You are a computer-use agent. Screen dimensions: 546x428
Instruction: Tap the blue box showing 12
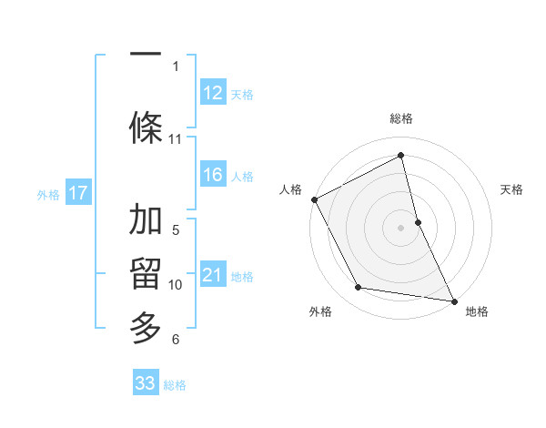pyautogui.click(x=213, y=92)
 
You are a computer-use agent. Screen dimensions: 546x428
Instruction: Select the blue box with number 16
pyautogui.click(x=213, y=175)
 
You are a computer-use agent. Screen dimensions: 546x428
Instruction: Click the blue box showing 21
pyautogui.click(x=213, y=275)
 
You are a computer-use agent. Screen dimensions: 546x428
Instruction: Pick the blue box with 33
pyautogui.click(x=146, y=383)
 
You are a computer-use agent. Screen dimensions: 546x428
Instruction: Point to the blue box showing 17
pyautogui.click(x=78, y=192)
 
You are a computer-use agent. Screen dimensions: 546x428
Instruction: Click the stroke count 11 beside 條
pyautogui.click(x=176, y=139)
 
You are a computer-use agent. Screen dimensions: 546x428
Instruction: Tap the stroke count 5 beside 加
pyautogui.click(x=176, y=229)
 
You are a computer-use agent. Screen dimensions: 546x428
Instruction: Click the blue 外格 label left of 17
pyautogui.click(x=48, y=194)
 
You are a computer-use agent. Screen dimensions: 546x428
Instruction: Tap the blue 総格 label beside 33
pyautogui.click(x=175, y=385)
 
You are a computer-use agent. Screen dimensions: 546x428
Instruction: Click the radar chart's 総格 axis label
pyautogui.click(x=400, y=118)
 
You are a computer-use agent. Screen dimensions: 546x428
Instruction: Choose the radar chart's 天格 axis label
pyautogui.click(x=511, y=189)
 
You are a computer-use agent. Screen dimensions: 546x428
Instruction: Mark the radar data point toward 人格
pyautogui.click(x=314, y=199)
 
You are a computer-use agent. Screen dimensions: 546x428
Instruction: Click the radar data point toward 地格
pyautogui.click(x=453, y=301)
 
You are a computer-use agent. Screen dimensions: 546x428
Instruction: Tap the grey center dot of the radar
pyautogui.click(x=400, y=228)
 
